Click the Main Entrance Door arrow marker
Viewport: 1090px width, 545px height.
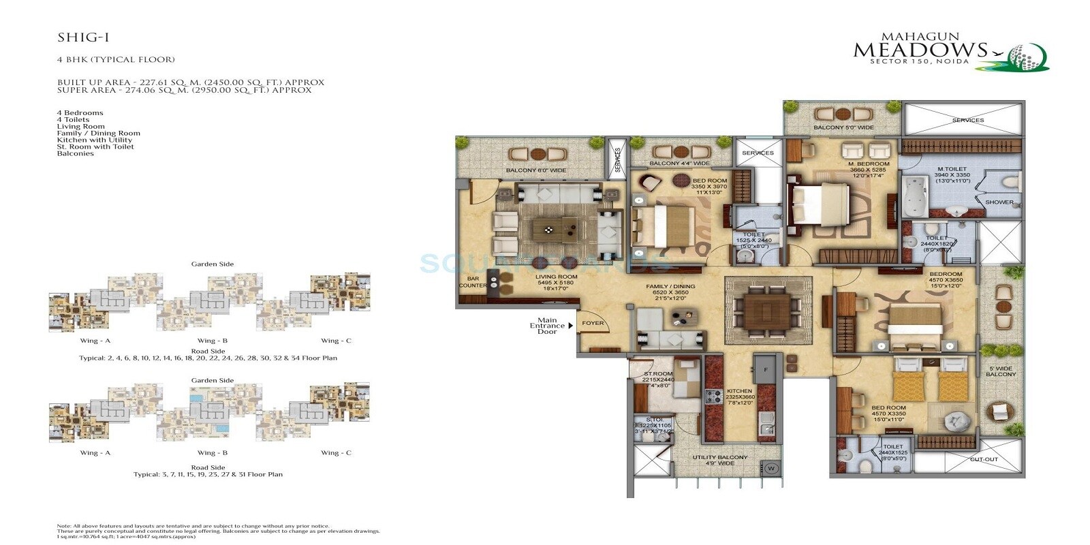[x=571, y=326]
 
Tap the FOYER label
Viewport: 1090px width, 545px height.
[x=593, y=323]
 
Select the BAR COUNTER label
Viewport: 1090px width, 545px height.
[x=472, y=282]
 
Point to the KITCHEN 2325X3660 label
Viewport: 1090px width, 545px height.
[x=740, y=394]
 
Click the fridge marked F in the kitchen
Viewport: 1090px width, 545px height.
[x=766, y=370]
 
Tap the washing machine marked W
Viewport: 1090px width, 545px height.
[x=771, y=468]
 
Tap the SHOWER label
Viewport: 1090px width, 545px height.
[x=999, y=202]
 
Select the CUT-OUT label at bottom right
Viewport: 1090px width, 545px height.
[x=984, y=459]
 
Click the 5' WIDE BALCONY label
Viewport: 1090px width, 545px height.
[x=1001, y=371]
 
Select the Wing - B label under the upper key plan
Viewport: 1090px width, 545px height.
[x=212, y=341]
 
